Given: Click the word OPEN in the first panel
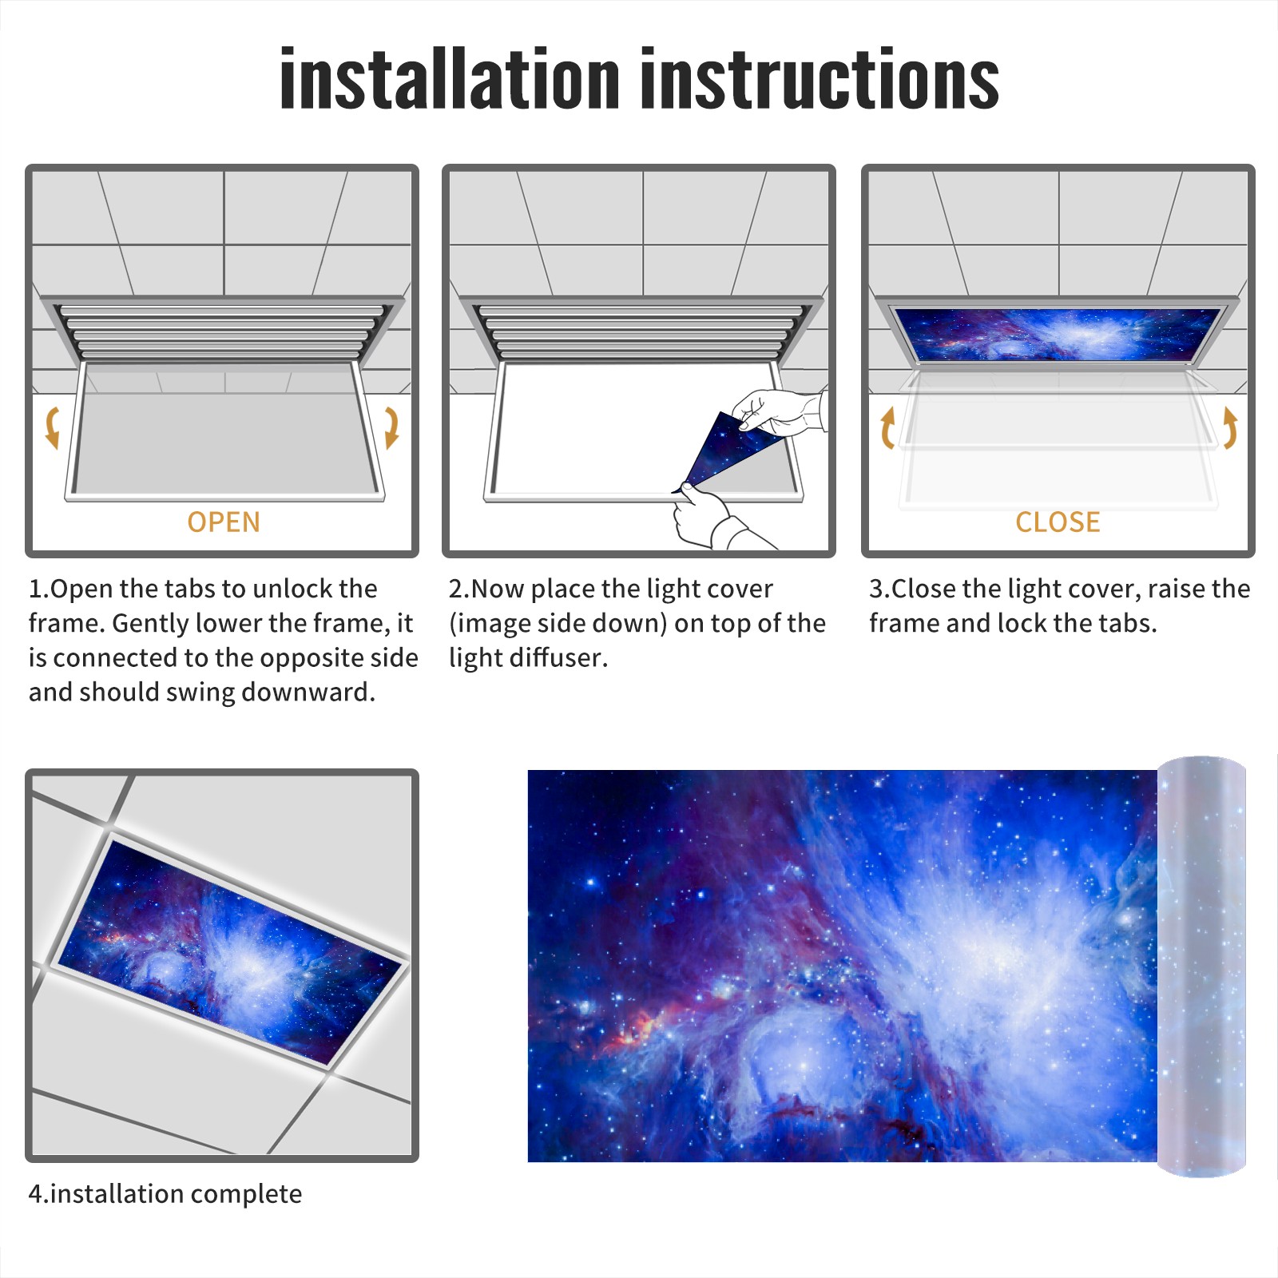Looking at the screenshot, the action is point(224,522).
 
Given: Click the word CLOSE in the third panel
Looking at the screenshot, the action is point(1058,522).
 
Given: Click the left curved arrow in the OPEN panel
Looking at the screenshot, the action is point(53,427).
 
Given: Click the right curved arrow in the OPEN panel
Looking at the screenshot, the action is point(391,427).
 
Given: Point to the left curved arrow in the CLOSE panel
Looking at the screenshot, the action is point(887,427).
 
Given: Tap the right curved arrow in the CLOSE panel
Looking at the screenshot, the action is point(1230,427).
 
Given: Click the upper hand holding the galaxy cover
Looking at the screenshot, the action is point(779,412).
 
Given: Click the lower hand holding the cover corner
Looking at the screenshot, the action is point(711,519).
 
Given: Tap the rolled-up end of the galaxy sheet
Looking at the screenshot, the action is point(1201,966).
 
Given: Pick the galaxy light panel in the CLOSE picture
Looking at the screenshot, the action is point(1058,334).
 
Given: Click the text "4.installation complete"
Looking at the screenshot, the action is point(165,1194).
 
